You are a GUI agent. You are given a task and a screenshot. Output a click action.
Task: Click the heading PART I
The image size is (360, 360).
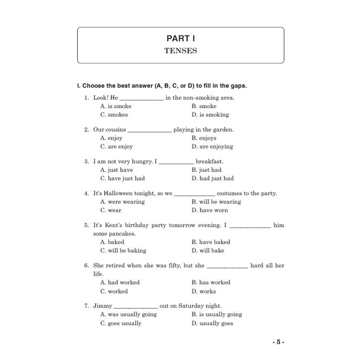pyautogui.click(x=180, y=38)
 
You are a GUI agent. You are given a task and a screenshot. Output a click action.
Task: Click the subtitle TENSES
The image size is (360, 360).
pyautogui.click(x=180, y=51)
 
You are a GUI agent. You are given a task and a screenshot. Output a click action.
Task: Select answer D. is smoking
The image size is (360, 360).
pyautogui.click(x=210, y=115)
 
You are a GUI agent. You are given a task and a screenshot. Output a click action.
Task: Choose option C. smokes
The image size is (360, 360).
pyautogui.click(x=114, y=115)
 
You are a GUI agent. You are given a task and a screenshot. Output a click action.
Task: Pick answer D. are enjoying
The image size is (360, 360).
pyautogui.click(x=212, y=146)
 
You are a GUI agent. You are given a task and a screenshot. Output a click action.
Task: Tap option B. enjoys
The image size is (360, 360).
pyautogui.click(x=204, y=138)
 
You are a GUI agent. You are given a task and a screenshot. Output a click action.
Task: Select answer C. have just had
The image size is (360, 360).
pyautogui.click(x=122, y=178)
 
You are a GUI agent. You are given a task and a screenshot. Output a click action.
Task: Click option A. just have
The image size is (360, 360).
pyautogui.click(x=117, y=170)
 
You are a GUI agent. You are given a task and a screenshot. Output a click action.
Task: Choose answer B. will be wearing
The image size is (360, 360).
pyautogui.click(x=216, y=202)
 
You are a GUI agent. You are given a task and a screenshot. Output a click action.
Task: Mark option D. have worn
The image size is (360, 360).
pyautogui.click(x=210, y=210)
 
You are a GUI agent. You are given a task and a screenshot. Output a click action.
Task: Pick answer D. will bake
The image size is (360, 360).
pyautogui.click(x=208, y=250)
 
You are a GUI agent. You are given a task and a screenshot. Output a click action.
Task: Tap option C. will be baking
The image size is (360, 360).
pyautogui.click(x=123, y=250)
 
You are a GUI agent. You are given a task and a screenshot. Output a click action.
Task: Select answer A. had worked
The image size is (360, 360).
pyautogui.click(x=120, y=282)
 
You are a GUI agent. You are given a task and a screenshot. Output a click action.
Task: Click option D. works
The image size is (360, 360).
pyautogui.click(x=204, y=291)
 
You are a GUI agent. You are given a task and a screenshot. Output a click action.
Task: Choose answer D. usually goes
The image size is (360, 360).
pyautogui.click(x=212, y=323)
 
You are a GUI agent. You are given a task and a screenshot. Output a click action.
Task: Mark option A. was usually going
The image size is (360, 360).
pyautogui.click(x=128, y=315)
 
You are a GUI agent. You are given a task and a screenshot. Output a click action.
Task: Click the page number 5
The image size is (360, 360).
pyautogui.click(x=278, y=342)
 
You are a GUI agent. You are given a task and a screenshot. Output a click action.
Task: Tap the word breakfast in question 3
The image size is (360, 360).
pyautogui.click(x=209, y=161)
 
